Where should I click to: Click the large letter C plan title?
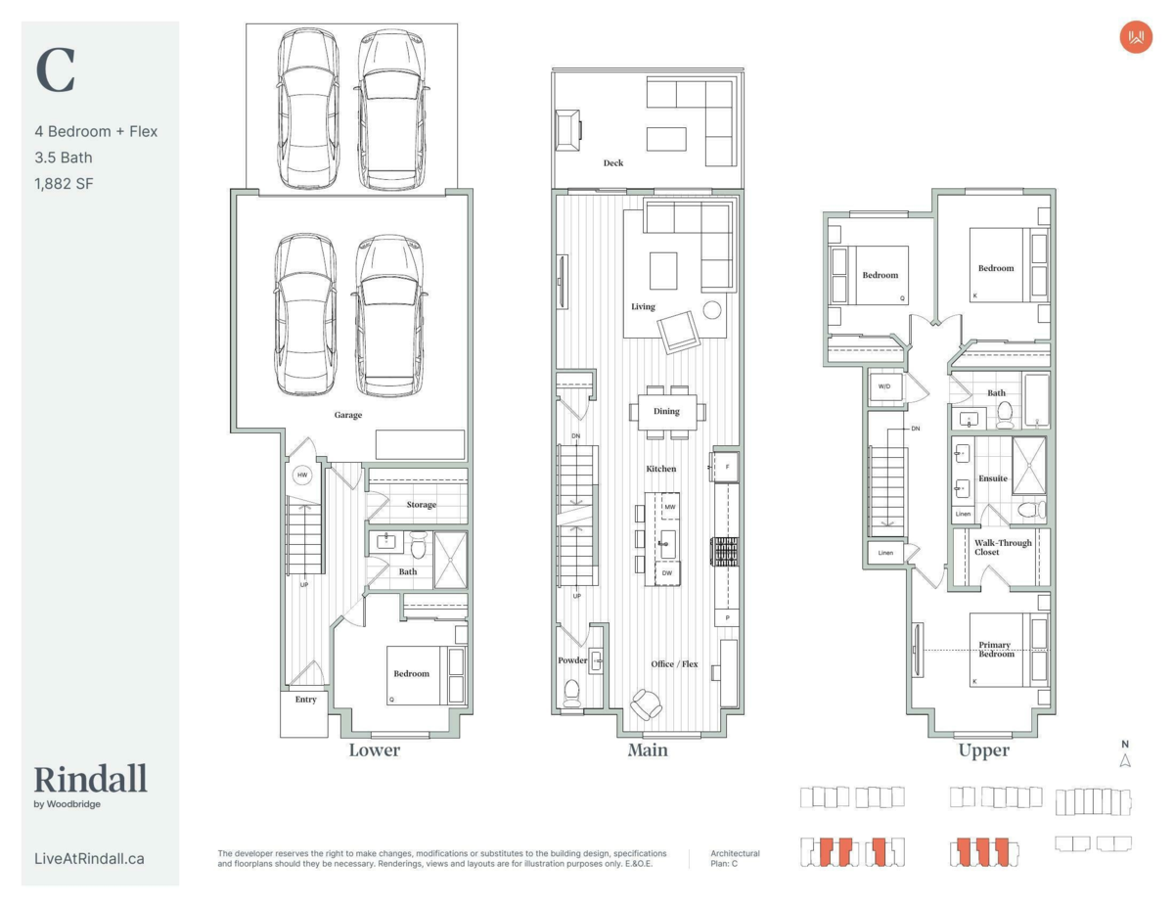(55, 70)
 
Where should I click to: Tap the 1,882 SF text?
(64, 184)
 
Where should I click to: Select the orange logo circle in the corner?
(1136, 37)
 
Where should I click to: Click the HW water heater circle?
(302, 475)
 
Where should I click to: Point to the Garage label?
(348, 415)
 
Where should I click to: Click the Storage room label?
(422, 505)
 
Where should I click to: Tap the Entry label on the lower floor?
(306, 699)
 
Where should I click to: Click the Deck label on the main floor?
(613, 162)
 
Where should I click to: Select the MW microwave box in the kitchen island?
(670, 507)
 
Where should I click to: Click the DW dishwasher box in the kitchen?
(667, 573)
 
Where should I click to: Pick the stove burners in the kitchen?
(725, 552)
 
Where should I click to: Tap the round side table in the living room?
(712, 309)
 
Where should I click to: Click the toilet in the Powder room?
(571, 693)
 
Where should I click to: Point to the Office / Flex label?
(674, 664)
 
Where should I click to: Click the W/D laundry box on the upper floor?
(884, 387)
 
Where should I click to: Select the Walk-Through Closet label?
(1003, 547)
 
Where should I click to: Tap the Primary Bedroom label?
(996, 650)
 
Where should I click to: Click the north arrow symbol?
(1125, 760)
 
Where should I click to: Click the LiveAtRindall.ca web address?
(89, 859)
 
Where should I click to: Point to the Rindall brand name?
(90, 779)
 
